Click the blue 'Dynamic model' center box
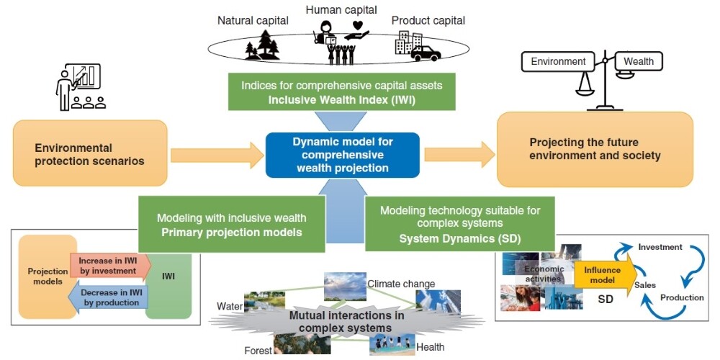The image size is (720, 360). point(342,154)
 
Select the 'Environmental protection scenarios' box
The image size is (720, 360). point(90,154)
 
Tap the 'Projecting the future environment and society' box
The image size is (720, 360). point(595,149)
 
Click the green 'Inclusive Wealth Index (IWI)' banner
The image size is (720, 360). point(342,93)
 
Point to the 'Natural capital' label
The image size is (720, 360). point(253,20)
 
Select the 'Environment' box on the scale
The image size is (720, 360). point(559,62)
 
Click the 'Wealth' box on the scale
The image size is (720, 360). point(638,62)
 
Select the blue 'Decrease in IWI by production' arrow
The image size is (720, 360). point(108,297)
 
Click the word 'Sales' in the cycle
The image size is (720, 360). point(644,285)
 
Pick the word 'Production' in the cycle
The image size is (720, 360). point(682,297)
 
